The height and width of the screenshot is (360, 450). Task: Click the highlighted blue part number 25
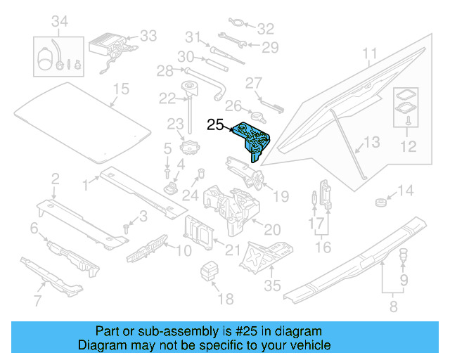point(252,140)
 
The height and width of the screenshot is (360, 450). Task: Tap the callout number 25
point(214,125)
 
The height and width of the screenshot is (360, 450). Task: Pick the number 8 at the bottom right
point(393,306)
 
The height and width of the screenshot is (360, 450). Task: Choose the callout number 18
point(224,300)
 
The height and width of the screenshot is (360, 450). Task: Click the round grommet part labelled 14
point(380,204)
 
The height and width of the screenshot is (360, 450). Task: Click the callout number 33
point(148,35)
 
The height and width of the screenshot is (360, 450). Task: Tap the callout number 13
point(371,143)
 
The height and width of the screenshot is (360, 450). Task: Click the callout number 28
point(164,71)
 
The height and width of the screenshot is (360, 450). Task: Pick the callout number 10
point(183,250)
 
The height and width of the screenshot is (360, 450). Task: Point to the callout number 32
point(264,29)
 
